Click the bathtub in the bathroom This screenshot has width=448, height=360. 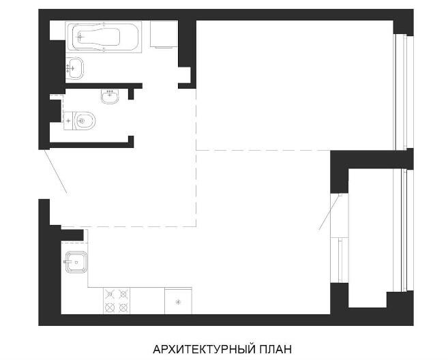point(104,37)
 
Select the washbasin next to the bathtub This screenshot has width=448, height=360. point(74,68)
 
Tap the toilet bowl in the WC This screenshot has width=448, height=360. point(85,121)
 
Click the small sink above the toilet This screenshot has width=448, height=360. point(110,96)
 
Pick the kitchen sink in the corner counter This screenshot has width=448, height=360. point(76,262)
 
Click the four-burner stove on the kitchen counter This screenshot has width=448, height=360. point(117,301)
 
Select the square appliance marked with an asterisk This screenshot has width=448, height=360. point(178,301)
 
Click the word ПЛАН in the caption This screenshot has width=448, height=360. point(275,349)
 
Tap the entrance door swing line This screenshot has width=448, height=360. point(56,171)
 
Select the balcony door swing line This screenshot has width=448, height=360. point(330,212)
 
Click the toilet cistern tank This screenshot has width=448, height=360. point(68,121)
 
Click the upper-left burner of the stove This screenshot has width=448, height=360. point(110,294)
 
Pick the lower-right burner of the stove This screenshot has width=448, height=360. point(123,307)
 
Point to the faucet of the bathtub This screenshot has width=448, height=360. point(81,37)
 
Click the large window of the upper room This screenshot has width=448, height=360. point(404,91)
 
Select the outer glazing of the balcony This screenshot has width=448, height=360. point(404,230)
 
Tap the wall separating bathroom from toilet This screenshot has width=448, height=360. point(104,86)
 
